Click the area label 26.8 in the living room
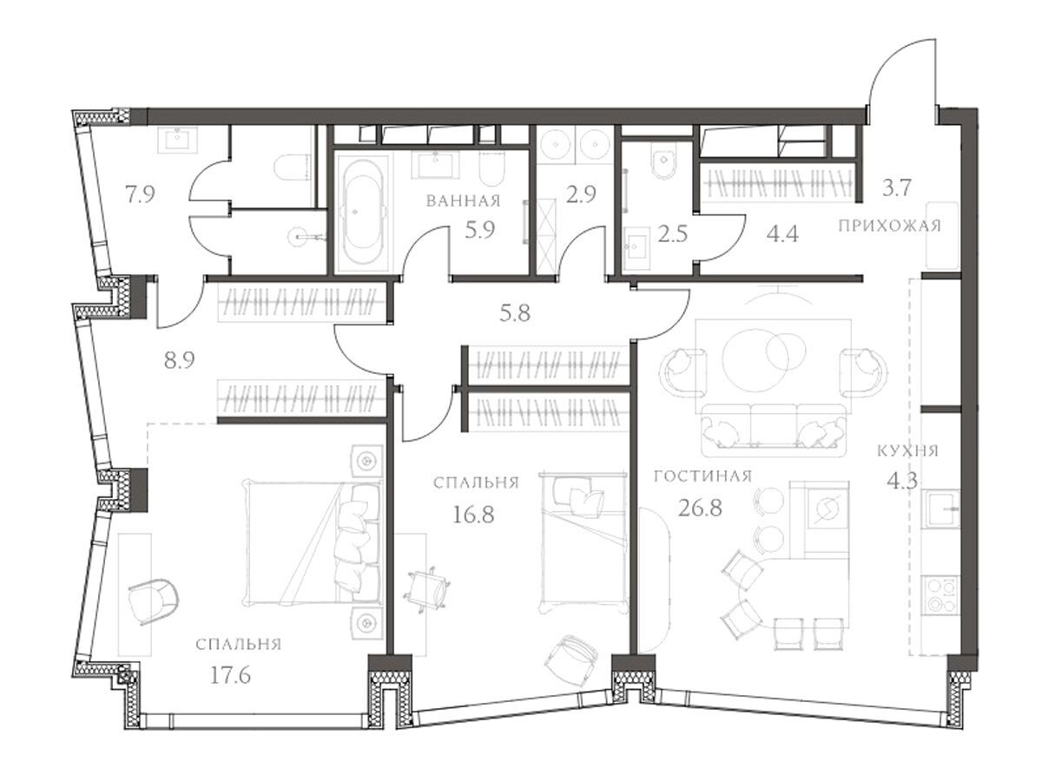(x=700, y=509)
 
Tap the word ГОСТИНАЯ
(x=702, y=476)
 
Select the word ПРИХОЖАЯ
(x=889, y=226)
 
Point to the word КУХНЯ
(x=907, y=450)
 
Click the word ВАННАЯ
(x=464, y=201)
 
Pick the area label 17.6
(x=230, y=675)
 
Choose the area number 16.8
(x=473, y=514)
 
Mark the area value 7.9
(x=140, y=194)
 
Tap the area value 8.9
(x=180, y=361)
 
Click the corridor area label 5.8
(x=515, y=313)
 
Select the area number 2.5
(x=673, y=234)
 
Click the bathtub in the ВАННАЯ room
(x=363, y=213)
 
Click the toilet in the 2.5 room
(x=663, y=161)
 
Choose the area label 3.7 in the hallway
(x=897, y=187)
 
